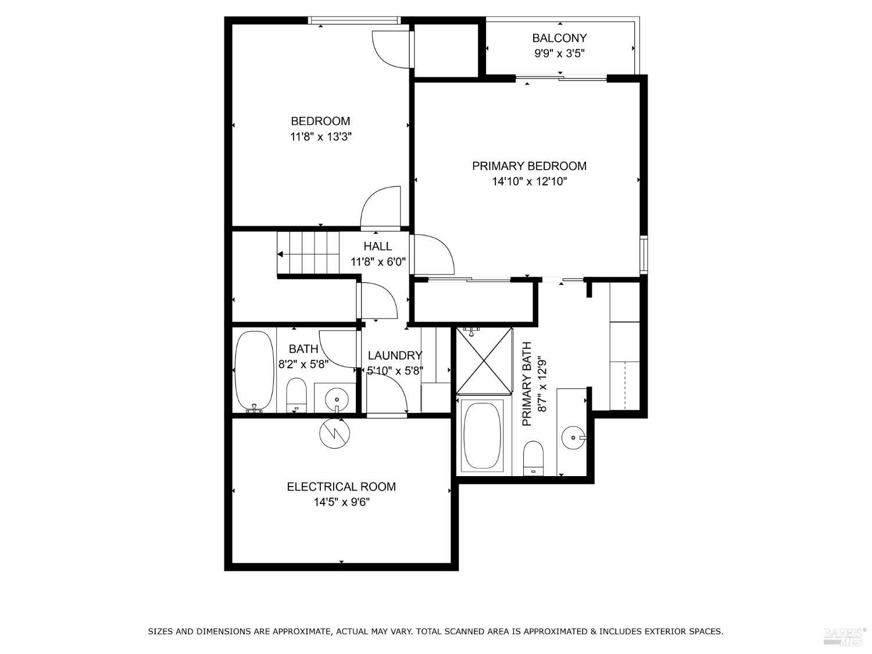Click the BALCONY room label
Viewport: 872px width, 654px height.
tap(559, 38)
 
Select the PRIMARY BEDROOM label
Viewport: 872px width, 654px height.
tap(529, 166)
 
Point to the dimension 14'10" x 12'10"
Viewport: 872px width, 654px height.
tap(529, 182)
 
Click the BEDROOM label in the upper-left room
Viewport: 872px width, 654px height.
tap(320, 121)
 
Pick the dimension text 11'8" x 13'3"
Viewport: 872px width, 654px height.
tap(320, 137)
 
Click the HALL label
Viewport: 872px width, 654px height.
tap(378, 246)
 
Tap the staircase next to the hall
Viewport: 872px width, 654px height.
tap(308, 253)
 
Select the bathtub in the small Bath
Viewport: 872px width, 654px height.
tap(253, 371)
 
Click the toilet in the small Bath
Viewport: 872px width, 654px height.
tap(296, 394)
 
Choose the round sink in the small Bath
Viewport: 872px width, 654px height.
tap(337, 399)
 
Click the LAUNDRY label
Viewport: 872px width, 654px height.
tap(395, 356)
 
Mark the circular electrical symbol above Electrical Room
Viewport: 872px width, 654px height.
tap(335, 433)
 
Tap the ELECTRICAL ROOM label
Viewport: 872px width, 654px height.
tap(341, 487)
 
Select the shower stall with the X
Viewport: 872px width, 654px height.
tap(484, 360)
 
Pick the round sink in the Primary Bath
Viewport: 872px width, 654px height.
tap(573, 437)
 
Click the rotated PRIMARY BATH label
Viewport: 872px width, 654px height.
tap(527, 384)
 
